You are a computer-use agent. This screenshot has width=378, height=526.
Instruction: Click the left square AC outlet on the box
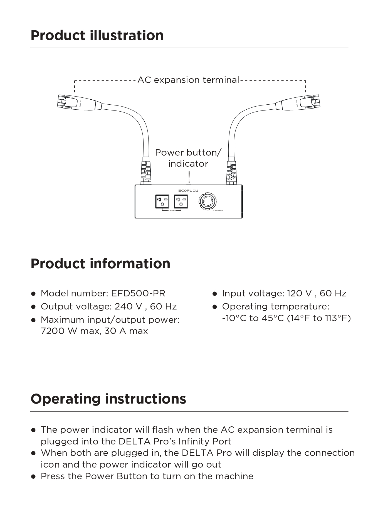coord(162,201)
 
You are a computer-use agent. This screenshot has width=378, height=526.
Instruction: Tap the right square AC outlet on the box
coord(181,201)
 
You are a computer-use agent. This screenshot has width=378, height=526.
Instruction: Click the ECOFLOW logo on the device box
coord(188,191)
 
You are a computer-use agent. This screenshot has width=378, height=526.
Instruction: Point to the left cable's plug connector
coord(67,102)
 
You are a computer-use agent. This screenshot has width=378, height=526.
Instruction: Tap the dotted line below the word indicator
coord(189,177)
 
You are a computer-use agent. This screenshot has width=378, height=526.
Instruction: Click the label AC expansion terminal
coord(188,80)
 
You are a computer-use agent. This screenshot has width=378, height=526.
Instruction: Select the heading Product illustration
coord(97,35)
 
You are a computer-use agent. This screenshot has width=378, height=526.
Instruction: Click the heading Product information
coord(100,264)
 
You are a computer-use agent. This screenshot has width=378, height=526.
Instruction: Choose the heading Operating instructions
coord(108,399)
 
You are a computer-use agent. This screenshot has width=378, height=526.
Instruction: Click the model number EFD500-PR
coord(138,293)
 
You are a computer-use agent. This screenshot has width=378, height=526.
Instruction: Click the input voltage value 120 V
coord(299,293)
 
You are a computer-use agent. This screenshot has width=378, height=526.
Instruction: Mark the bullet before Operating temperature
coord(214,307)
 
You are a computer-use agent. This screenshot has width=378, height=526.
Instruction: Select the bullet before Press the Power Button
coord(33,476)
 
